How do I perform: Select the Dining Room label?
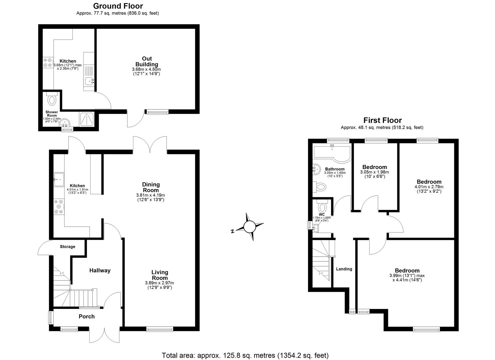click(151, 187)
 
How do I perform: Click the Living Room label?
click(160, 275)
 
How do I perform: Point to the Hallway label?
click(100, 270)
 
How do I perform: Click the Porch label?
click(87, 316)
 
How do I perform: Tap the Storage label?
click(67, 247)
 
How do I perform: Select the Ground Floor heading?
click(118, 6)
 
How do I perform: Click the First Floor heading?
click(382, 120)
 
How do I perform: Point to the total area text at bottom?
click(245, 355)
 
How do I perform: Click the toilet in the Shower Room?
click(52, 99)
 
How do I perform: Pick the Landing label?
click(344, 269)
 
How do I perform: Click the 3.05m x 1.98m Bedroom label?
click(375, 167)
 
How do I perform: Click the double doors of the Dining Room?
click(150, 145)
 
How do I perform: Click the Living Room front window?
click(160, 329)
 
